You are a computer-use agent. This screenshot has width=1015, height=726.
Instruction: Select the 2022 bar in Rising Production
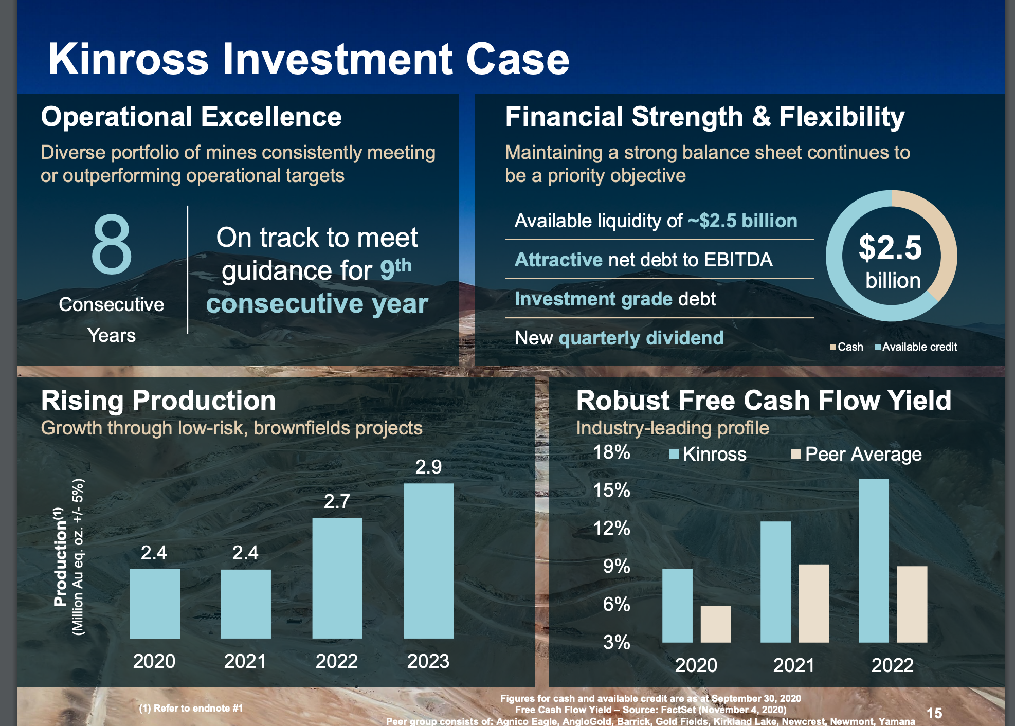[x=337, y=578]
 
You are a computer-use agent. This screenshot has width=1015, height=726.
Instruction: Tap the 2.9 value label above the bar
[x=428, y=467]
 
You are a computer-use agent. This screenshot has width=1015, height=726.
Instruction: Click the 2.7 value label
[x=337, y=501]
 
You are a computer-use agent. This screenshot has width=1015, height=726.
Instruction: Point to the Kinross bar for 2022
[x=874, y=560]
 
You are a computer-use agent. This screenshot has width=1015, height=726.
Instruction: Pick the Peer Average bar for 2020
[x=715, y=624]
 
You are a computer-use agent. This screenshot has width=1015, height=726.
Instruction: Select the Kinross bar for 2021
[x=775, y=582]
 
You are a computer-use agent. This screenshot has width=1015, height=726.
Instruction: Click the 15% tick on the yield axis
[x=611, y=490]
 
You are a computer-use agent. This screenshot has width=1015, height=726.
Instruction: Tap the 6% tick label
[x=616, y=604]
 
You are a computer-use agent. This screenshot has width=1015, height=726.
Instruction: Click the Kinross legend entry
[x=708, y=454]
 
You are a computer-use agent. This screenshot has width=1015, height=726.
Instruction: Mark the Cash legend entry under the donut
[x=847, y=347]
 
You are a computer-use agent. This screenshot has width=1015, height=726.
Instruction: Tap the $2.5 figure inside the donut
[x=891, y=248]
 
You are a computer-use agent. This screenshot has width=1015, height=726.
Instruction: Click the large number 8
[x=112, y=245]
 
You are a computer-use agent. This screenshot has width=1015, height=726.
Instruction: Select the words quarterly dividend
[x=641, y=338]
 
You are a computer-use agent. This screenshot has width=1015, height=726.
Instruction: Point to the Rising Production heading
[x=158, y=400]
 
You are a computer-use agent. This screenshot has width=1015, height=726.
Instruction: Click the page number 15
[x=934, y=713]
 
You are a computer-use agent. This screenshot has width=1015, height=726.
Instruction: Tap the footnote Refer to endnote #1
[x=191, y=708]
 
